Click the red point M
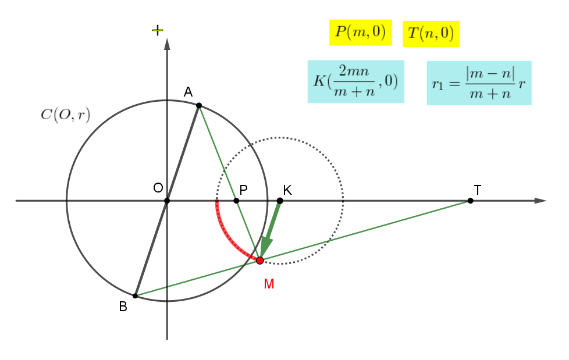click(x=260, y=261)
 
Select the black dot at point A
click(x=199, y=106)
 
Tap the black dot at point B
click(x=135, y=296)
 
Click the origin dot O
click(x=167, y=201)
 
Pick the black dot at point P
click(x=236, y=201)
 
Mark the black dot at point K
click(x=280, y=201)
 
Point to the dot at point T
click(x=470, y=201)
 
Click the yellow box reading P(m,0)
click(x=361, y=33)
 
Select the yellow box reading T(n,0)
click(x=431, y=34)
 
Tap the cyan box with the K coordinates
click(x=356, y=81)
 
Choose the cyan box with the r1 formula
click(x=479, y=83)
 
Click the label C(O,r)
click(x=65, y=115)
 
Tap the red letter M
click(x=269, y=284)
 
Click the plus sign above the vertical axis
click(x=158, y=30)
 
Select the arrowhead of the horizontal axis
click(x=540, y=201)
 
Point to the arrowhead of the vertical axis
click(x=167, y=44)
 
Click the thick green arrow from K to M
click(x=271, y=229)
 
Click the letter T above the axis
click(x=478, y=190)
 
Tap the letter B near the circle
click(x=123, y=306)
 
